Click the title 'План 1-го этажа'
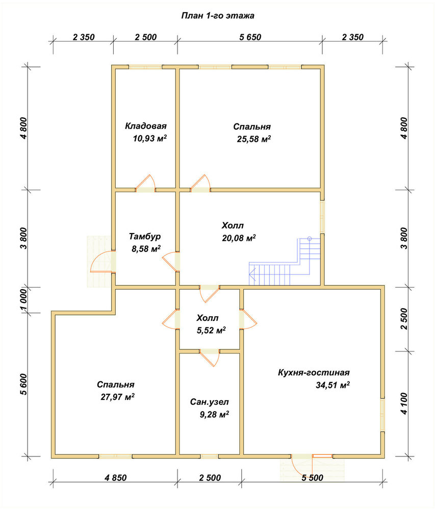tap(217, 16)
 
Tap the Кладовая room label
tap(146, 126)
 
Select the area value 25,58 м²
tap(254, 139)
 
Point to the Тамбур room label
tap(145, 236)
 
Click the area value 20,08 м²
tap(239, 238)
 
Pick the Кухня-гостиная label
tap(314, 372)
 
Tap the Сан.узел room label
tap(210, 402)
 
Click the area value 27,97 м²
tap(118, 397)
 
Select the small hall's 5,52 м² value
tap(211, 330)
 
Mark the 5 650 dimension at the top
tap(250, 37)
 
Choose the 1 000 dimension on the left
tap(23, 300)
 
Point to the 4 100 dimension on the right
tap(404, 403)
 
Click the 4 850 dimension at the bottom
tap(115, 477)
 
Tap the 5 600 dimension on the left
tap(23, 384)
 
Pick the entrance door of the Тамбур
tap(103, 262)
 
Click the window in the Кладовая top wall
tap(145, 67)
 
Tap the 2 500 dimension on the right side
tap(404, 319)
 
